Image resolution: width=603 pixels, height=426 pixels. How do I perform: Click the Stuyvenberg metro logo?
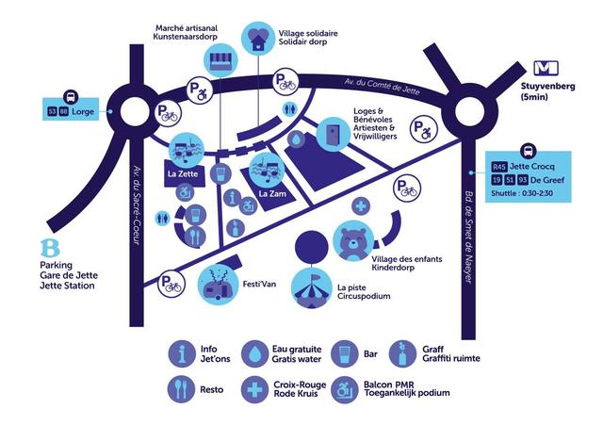tap(546, 68)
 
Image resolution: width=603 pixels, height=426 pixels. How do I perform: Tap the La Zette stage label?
tap(183, 174)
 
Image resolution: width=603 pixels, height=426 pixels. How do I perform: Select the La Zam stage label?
tap(272, 193)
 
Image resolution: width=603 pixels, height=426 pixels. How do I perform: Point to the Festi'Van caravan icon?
tap(217, 286)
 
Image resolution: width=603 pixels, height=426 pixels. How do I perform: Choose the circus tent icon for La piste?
tap(312, 288)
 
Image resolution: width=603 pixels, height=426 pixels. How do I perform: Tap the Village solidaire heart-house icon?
tap(257, 38)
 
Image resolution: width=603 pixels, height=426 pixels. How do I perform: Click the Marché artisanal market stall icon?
tap(221, 59)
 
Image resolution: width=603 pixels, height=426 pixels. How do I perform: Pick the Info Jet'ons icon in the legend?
tap(182, 353)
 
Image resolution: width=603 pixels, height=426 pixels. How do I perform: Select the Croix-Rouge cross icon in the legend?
tap(254, 390)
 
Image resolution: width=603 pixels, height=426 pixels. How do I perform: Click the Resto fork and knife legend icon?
tap(182, 390)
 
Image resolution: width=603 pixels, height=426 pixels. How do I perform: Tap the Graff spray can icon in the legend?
tap(402, 353)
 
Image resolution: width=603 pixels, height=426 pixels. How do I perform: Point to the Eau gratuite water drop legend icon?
tap(254, 353)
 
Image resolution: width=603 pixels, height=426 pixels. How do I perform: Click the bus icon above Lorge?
tap(71, 97)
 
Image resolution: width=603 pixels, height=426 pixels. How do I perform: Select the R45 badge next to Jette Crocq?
tap(498, 167)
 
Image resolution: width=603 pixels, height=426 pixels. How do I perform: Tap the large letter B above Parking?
tap(50, 248)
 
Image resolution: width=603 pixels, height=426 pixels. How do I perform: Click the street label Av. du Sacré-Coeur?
tap(136, 205)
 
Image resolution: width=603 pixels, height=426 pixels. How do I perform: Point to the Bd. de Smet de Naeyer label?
tap(468, 238)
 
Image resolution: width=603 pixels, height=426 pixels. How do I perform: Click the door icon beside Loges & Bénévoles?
tap(333, 135)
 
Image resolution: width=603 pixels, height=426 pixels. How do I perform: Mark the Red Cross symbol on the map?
tap(361, 205)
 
